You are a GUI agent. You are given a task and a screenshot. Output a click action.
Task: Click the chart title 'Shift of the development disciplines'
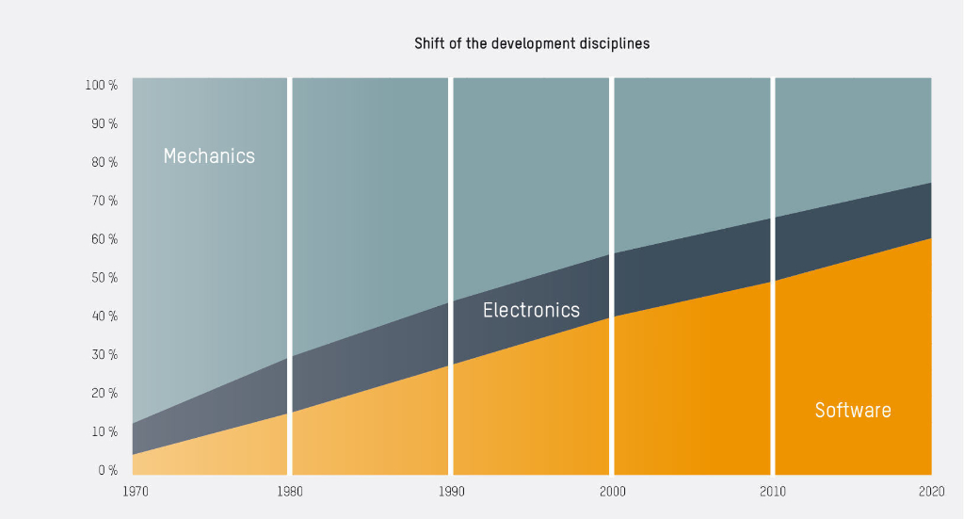pyautogui.click(x=532, y=44)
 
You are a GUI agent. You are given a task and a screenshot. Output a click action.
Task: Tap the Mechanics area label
pyautogui.click(x=209, y=156)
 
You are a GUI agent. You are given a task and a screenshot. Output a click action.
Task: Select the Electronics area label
pyautogui.click(x=531, y=310)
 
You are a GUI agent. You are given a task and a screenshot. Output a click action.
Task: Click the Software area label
pyautogui.click(x=852, y=411)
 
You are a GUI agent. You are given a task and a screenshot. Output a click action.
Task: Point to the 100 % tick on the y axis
pyautogui.click(x=102, y=86)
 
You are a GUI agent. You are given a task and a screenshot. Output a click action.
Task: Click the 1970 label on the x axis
pyautogui.click(x=136, y=492)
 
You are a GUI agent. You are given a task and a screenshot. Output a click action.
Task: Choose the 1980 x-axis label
pyautogui.click(x=289, y=492)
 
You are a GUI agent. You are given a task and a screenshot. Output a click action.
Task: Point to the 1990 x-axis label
pyautogui.click(x=451, y=492)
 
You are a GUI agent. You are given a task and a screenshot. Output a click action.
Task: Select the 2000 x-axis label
pyautogui.click(x=612, y=492)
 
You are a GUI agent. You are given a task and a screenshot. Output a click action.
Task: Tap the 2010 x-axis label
pyautogui.click(x=773, y=492)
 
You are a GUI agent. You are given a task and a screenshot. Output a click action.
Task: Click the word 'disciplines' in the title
pyautogui.click(x=616, y=44)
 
